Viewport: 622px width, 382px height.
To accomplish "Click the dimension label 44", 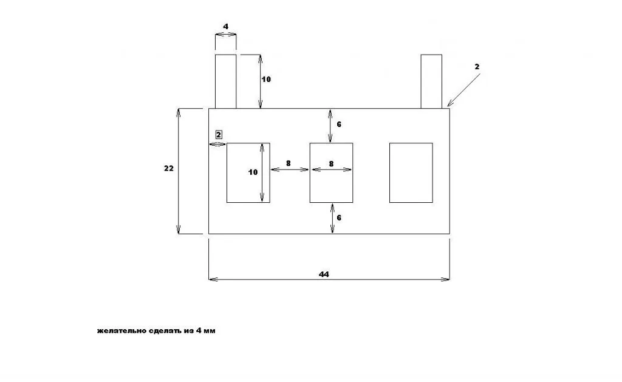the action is click(324, 274).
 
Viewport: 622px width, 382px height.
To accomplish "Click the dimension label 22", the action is click(169, 168).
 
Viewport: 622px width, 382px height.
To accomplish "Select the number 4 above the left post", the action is click(226, 27).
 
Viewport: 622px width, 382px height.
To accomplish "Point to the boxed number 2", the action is click(219, 134).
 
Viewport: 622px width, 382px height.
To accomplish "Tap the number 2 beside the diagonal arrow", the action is click(477, 67).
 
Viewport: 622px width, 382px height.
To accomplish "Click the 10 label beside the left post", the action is click(266, 80).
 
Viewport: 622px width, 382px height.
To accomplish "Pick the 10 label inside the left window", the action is click(253, 172).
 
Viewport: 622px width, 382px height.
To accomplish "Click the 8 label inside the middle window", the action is click(331, 163).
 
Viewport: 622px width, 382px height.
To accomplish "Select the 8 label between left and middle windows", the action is click(289, 163).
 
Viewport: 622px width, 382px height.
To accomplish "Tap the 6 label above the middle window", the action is click(339, 124).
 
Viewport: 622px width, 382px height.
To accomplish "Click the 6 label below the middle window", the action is click(339, 218).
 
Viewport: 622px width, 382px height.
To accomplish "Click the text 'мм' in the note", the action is click(209, 331).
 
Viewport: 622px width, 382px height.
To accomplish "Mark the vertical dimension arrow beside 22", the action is click(179, 171).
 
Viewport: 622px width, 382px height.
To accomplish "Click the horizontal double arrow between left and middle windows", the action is click(289, 169).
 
